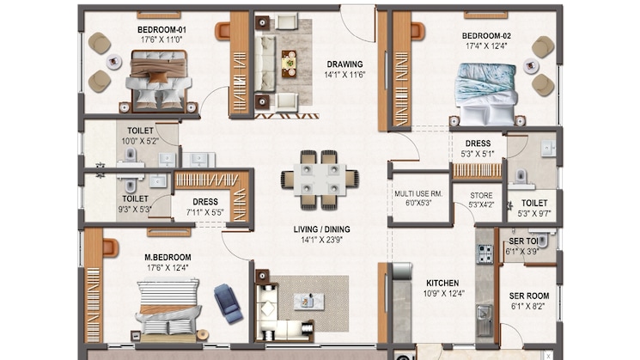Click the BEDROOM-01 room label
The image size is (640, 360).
162,30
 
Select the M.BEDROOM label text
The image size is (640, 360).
168,257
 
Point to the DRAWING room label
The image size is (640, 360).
344,64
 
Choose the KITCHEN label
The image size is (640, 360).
442,283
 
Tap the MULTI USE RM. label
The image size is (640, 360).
418,194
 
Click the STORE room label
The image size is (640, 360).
480,195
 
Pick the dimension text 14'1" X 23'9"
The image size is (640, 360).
323,241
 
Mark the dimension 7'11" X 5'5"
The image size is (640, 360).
204,211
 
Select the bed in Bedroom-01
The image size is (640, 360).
158,76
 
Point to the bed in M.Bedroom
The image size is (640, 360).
168,308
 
